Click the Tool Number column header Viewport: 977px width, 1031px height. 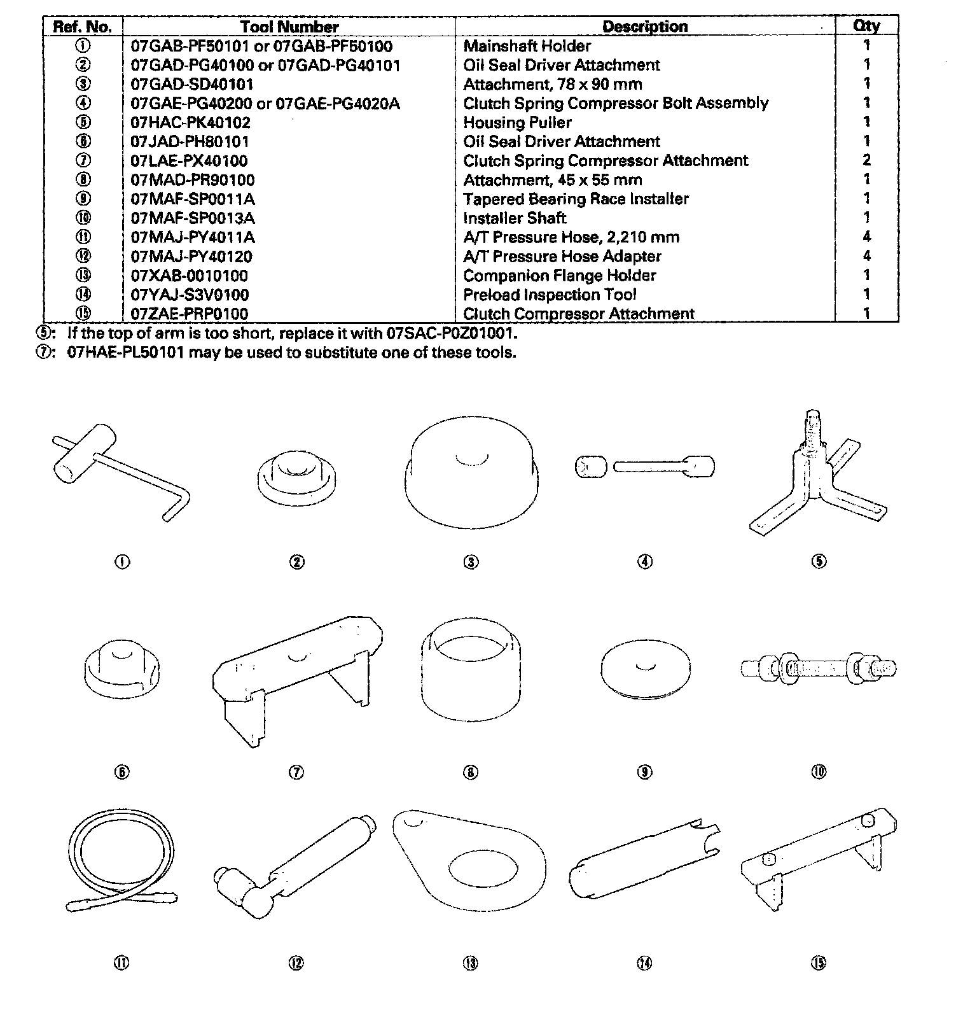pyautogui.click(x=289, y=27)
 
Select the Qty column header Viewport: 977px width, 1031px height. pyautogui.click(x=866, y=26)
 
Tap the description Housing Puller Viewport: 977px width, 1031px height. pyautogui.click(x=517, y=122)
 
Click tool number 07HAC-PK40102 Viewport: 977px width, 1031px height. pyautogui.click(x=190, y=122)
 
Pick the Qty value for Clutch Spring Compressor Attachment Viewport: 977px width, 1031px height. pyautogui.click(x=866, y=160)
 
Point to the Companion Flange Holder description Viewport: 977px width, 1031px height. pyautogui.click(x=559, y=276)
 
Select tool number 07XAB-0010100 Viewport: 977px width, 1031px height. pyautogui.click(x=189, y=276)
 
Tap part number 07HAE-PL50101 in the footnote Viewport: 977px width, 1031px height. pyautogui.click(x=126, y=353)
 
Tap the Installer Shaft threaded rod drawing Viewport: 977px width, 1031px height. pyautogui.click(x=819, y=668)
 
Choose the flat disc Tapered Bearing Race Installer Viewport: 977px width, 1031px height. pyautogui.click(x=644, y=668)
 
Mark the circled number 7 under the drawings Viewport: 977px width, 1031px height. pyautogui.click(x=296, y=773)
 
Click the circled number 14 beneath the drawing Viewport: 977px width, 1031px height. pyautogui.click(x=644, y=964)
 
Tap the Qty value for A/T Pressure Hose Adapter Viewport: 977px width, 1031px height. pyautogui.click(x=866, y=256)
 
